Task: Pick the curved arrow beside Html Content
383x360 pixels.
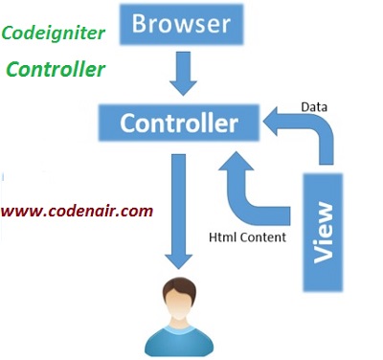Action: (x=251, y=191)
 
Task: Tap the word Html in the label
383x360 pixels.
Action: (x=223, y=236)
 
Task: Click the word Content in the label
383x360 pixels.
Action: (x=261, y=236)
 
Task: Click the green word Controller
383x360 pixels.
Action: (x=56, y=70)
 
